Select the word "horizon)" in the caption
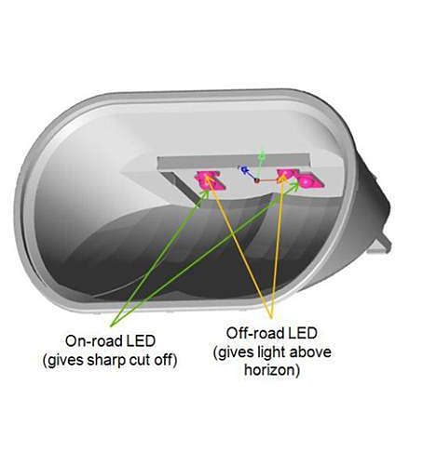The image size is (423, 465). (272, 370)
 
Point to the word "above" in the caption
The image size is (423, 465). (311, 352)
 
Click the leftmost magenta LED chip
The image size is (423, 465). (209, 180)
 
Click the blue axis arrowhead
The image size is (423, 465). (243, 169)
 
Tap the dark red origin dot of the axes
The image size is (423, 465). (257, 180)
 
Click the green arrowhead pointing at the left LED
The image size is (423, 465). (205, 193)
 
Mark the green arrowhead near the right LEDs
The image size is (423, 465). (294, 185)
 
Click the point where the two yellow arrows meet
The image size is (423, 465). (271, 318)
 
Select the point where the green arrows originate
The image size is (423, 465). (111, 326)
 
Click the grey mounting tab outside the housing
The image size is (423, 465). (379, 245)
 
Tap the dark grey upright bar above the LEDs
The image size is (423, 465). (233, 162)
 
